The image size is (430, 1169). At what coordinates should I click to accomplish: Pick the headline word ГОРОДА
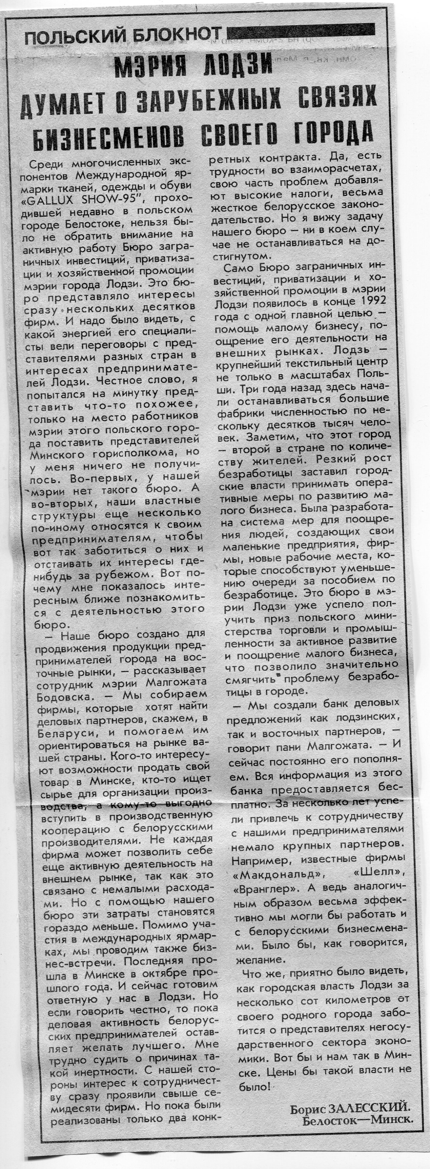click(334, 131)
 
